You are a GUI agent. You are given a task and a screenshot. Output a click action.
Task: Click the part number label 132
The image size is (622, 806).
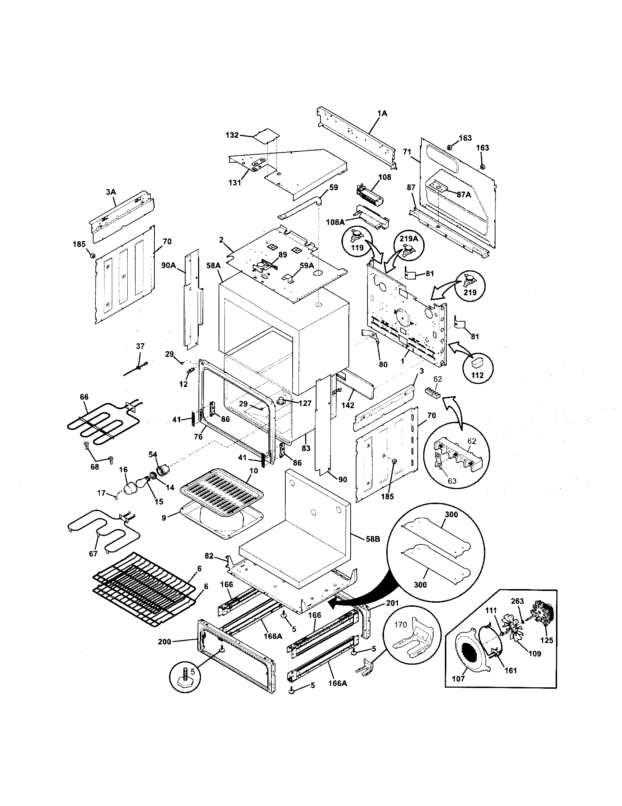click(232, 135)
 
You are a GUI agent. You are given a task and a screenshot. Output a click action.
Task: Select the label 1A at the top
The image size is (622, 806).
click(382, 114)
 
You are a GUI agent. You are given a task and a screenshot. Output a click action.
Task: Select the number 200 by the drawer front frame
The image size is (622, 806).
click(164, 642)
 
